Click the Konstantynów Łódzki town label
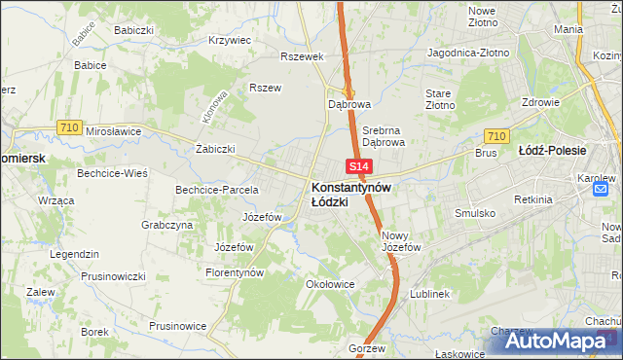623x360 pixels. [350, 194]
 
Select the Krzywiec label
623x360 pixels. [230, 41]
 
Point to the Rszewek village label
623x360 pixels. [301, 56]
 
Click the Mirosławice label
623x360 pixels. [114, 130]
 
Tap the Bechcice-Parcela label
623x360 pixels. [216, 189]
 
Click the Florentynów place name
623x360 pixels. [235, 273]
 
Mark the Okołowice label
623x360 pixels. [330, 285]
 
